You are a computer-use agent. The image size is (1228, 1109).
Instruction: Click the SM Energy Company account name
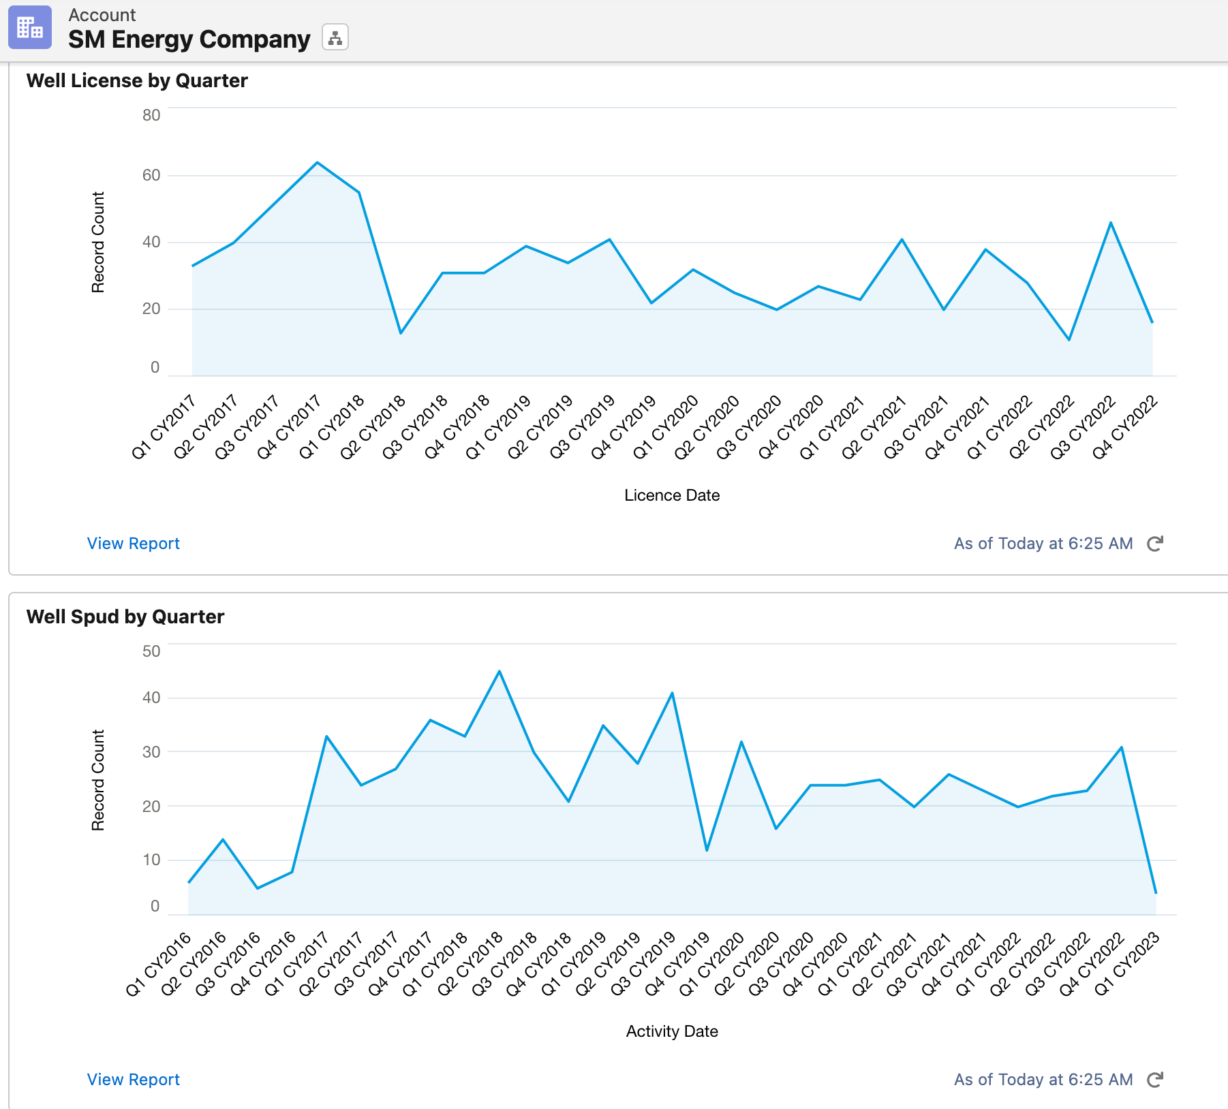click(189, 40)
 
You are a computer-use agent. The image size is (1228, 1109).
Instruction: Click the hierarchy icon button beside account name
click(335, 37)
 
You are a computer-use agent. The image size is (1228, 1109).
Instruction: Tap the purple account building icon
click(30, 27)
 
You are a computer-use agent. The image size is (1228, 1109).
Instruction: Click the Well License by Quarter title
click(137, 80)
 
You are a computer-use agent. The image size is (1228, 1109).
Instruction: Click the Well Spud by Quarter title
click(125, 616)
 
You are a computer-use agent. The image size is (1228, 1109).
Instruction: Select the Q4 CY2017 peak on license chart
click(317, 163)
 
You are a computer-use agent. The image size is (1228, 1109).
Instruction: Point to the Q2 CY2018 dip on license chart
click(401, 332)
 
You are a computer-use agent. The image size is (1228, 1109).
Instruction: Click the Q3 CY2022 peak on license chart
click(1111, 223)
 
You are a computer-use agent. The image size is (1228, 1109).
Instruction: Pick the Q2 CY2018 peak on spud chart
click(500, 672)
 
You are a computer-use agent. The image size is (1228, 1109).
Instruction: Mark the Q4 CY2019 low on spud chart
click(707, 850)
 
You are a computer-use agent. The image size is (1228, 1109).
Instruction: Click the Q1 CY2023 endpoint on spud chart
click(1156, 893)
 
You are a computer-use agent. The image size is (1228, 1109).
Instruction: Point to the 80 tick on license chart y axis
click(151, 115)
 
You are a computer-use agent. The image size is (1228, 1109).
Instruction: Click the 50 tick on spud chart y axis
click(151, 651)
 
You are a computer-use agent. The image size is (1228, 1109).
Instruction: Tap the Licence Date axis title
click(672, 495)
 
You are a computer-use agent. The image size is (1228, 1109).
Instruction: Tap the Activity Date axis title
click(672, 1031)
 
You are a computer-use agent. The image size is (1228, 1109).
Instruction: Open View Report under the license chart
click(134, 544)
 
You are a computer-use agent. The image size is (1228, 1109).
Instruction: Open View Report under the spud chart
click(134, 1080)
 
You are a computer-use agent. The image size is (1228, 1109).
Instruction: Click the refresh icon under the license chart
click(1155, 544)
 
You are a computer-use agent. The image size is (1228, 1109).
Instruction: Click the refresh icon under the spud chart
click(1155, 1080)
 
